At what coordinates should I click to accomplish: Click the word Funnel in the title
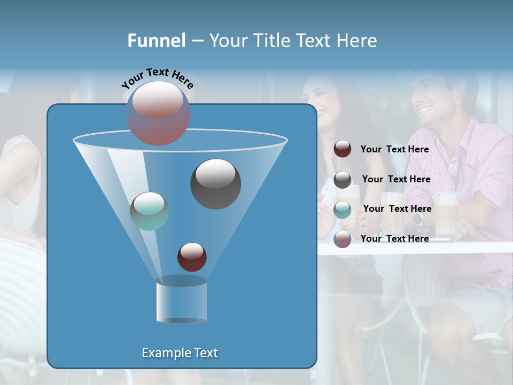pos(157,41)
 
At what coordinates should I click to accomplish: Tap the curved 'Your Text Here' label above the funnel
pos(158,78)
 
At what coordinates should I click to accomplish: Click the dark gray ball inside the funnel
pos(215,184)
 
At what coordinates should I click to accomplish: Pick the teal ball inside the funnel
pos(149,211)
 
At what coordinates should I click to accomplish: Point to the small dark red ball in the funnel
pos(192,257)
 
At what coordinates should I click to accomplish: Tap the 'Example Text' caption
pos(180,353)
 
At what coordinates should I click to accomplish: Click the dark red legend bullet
pos(343,149)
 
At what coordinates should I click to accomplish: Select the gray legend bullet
pos(343,180)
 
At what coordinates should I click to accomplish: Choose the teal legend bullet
pos(343,210)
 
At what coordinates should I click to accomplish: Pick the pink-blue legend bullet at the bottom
pos(343,239)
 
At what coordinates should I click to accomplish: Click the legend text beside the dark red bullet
pos(394,149)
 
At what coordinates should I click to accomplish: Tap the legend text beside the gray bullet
pos(396,179)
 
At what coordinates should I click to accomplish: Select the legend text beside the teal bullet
pos(397,209)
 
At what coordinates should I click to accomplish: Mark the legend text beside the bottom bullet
pos(394,238)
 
